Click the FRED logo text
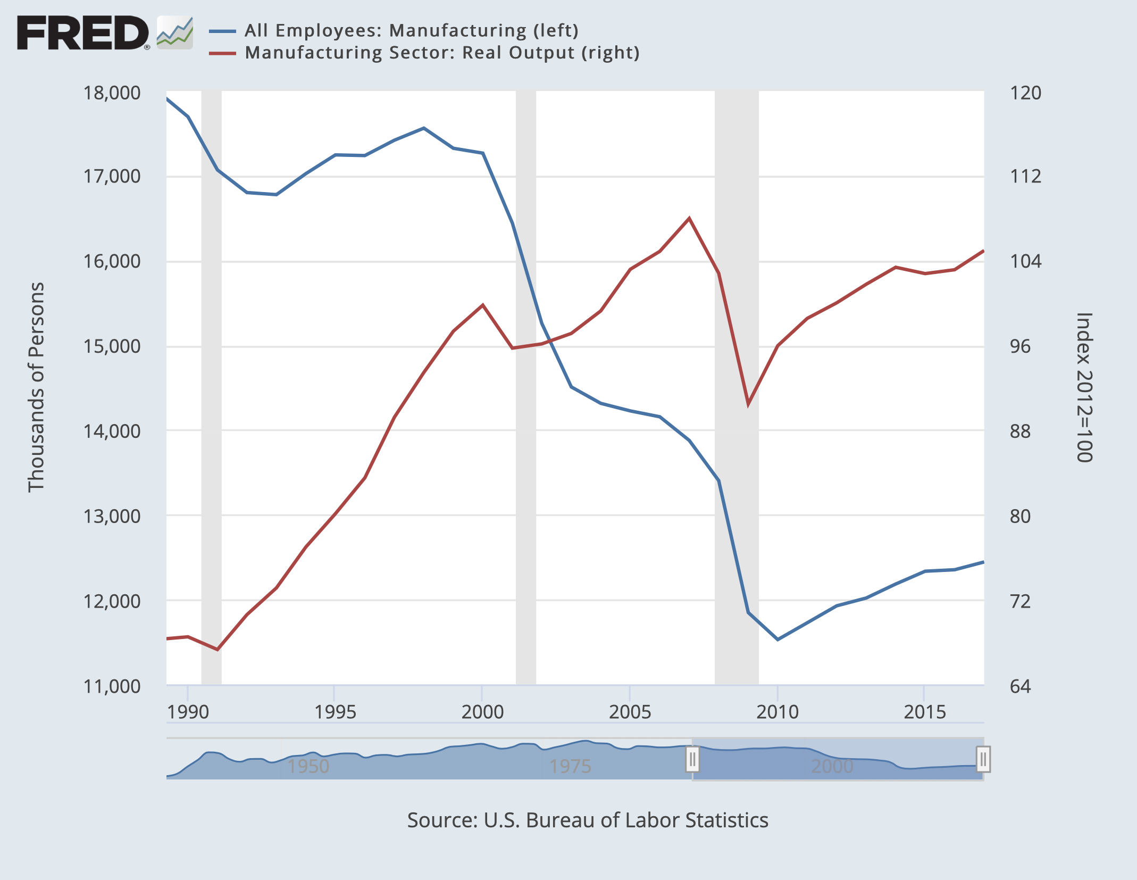[82, 33]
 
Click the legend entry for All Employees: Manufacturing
[411, 30]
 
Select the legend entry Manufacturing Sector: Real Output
[441, 53]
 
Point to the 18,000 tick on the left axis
[112, 93]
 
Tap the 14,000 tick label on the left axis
[112, 431]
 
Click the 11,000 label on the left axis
[112, 686]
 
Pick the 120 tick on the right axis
[1025, 93]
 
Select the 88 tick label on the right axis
[1020, 431]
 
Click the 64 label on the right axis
[1020, 686]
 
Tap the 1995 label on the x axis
[335, 712]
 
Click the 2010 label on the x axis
[777, 712]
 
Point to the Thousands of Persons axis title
[36, 387]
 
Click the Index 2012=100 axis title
[1084, 387]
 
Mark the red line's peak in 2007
[689, 218]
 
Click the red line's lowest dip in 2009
[748, 404]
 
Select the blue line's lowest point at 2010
[777, 639]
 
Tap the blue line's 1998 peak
[423, 128]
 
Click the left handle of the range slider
[692, 759]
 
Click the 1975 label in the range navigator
[570, 766]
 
